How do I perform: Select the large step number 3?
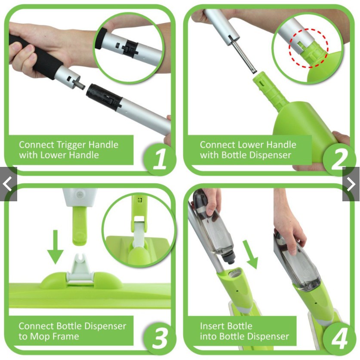click(x=160, y=338)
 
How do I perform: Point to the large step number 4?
click(x=339, y=338)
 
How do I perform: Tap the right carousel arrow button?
click(x=351, y=184)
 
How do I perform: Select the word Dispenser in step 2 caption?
click(x=268, y=155)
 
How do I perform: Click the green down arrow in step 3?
click(x=55, y=247)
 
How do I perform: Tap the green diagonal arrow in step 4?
click(x=250, y=254)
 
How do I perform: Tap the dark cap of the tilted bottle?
click(x=228, y=257)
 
